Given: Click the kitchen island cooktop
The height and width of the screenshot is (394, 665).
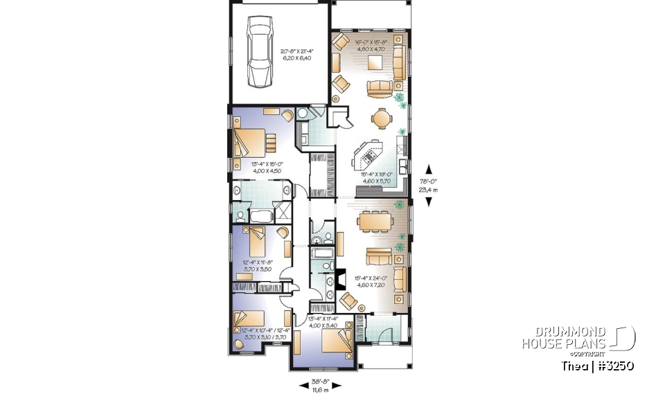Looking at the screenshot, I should tap(365, 154).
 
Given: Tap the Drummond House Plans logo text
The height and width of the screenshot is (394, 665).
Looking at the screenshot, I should tap(564, 338).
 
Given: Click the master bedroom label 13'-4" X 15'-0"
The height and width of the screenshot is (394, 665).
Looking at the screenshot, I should tap(261, 168).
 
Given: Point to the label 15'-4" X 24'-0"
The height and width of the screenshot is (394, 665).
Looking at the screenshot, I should tap(370, 280).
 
